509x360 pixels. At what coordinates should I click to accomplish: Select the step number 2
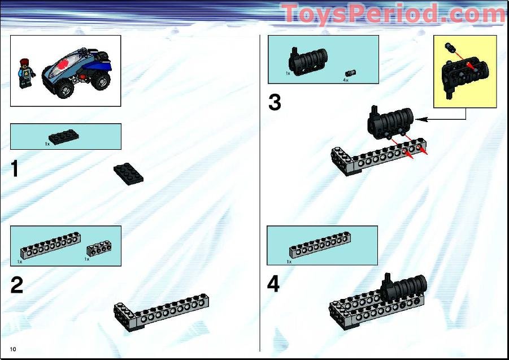17,285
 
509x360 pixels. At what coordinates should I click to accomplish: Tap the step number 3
275,103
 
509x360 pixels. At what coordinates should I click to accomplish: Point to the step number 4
273,284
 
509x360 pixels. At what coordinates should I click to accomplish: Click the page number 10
12,349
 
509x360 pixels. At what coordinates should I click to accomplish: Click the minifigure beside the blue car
25,72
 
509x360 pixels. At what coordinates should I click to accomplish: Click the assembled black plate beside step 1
128,173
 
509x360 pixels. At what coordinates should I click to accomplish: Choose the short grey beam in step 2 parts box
98,249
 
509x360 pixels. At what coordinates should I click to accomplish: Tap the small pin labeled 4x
351,72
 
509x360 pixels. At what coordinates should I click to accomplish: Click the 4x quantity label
345,80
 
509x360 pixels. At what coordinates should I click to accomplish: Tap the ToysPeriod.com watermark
393,14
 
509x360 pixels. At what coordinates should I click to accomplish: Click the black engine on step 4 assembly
404,288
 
